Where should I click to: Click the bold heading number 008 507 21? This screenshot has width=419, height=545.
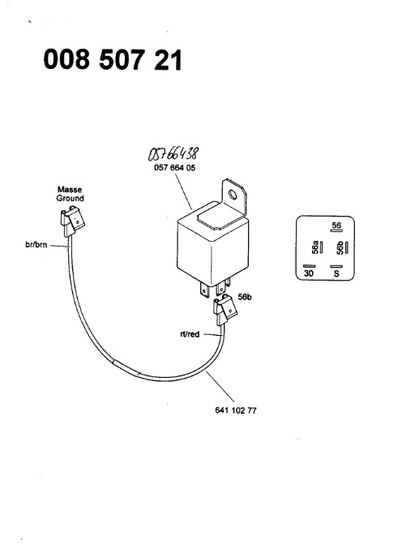(x=113, y=59)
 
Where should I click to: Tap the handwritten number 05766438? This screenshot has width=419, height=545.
(x=173, y=153)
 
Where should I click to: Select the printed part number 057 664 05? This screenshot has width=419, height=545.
(x=175, y=168)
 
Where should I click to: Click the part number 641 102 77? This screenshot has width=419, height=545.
(x=236, y=410)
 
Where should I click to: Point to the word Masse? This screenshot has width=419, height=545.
(x=70, y=190)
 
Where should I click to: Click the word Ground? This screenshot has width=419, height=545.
(x=71, y=198)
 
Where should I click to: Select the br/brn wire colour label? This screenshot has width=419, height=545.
(x=36, y=244)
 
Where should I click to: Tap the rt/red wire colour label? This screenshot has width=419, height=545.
(x=190, y=334)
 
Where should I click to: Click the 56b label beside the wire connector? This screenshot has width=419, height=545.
(x=245, y=297)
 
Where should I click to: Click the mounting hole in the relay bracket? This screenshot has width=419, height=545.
(x=233, y=195)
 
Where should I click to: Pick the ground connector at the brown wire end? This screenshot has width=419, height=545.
(x=72, y=221)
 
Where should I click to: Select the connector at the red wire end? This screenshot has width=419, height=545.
(x=225, y=309)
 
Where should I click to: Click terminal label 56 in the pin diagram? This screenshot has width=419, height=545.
(x=336, y=225)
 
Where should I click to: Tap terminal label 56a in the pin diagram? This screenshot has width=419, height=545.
(x=315, y=247)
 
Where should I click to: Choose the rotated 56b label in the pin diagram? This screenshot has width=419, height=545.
(x=340, y=248)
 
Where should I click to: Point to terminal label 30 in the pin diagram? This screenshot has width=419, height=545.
(x=309, y=273)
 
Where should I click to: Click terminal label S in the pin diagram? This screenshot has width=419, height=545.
(x=336, y=273)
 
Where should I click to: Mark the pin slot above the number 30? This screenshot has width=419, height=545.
(x=310, y=266)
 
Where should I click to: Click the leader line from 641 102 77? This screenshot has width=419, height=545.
(x=220, y=386)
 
